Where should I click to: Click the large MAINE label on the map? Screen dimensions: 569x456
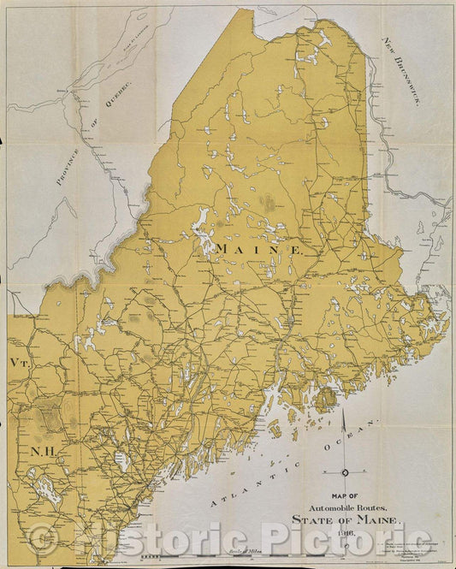point(259,248)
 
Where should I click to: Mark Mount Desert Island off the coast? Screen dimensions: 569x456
point(325,399)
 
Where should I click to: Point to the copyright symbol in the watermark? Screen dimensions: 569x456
point(41,539)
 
